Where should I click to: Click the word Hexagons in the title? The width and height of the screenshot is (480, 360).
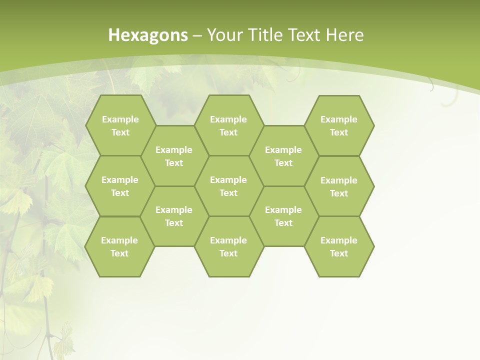[148, 35]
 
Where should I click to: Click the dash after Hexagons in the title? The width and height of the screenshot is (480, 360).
[197, 35]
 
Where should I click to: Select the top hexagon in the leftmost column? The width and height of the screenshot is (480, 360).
[120, 125]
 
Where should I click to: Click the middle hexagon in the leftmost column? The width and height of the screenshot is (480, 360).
[120, 186]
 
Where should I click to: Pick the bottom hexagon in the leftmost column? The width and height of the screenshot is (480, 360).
[119, 246]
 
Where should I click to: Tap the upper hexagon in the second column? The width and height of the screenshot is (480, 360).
[174, 156]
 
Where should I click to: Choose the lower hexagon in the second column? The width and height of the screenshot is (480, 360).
[174, 216]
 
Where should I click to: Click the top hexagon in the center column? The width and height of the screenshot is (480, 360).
[228, 125]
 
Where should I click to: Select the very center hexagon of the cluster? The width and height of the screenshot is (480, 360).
[228, 186]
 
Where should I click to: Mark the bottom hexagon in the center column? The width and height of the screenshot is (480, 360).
[228, 246]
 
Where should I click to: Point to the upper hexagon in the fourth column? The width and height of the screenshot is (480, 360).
[283, 156]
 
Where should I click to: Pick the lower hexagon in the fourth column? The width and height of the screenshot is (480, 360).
[283, 216]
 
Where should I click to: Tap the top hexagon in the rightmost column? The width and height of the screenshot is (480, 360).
[339, 125]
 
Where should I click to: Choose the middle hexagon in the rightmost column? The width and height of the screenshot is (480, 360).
[339, 186]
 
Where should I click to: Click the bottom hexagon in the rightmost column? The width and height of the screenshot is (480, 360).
[339, 246]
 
